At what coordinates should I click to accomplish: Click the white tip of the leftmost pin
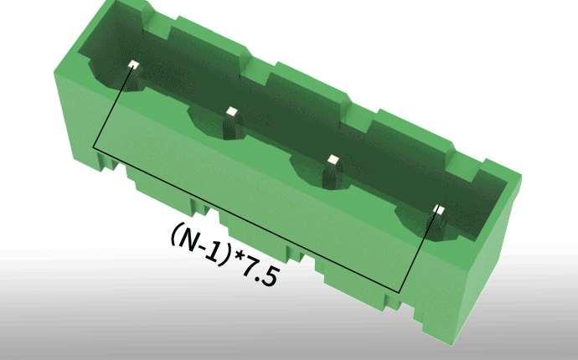tap(134, 64)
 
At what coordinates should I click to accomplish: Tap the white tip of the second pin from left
tap(232, 111)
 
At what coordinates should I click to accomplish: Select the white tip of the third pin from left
tap(333, 160)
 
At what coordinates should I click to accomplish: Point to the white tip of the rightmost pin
tap(439, 209)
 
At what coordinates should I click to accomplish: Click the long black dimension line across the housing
tap(246, 220)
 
